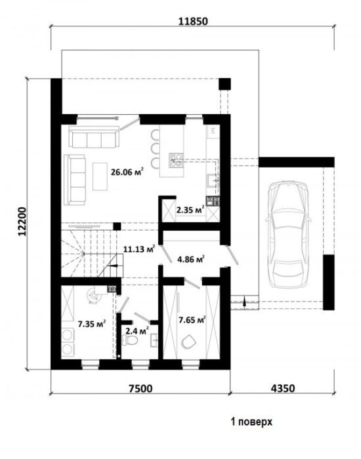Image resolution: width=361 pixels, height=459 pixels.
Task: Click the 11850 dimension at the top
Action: pyautogui.click(x=194, y=22)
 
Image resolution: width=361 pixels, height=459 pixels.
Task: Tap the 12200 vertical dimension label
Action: pyautogui.click(x=22, y=222)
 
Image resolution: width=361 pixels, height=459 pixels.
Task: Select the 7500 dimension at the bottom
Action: pyautogui.click(x=140, y=388)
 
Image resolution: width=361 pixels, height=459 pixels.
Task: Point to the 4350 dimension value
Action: pyautogui.click(x=283, y=388)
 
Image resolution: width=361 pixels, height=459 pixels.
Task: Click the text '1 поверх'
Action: pyautogui.click(x=251, y=422)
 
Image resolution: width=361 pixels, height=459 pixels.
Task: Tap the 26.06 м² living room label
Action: pyautogui.click(x=127, y=172)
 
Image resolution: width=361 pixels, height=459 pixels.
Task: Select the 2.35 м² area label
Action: pyautogui.click(x=190, y=210)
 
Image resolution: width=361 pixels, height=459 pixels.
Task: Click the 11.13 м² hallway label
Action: pyautogui.click(x=139, y=249)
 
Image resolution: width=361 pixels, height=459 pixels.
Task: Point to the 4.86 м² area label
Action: pyautogui.click(x=191, y=259)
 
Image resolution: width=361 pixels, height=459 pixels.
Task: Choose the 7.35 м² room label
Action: pyautogui.click(x=92, y=324)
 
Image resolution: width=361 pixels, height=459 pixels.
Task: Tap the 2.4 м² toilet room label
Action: pyautogui.click(x=137, y=331)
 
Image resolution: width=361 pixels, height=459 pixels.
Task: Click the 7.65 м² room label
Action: pyautogui.click(x=192, y=320)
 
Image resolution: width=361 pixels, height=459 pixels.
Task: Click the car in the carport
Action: pyautogui.click(x=288, y=235)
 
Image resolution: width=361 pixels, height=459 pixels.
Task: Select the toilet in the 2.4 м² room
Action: pyautogui.click(x=130, y=340)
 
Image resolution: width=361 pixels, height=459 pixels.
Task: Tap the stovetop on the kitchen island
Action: pyautogui.click(x=176, y=160)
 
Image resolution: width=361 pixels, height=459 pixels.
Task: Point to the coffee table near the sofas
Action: pyautogui.click(x=100, y=176)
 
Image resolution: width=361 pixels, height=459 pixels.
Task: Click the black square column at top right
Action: pyautogui.click(x=224, y=84)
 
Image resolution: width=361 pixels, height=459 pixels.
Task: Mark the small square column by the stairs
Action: pyautogui.click(x=117, y=226)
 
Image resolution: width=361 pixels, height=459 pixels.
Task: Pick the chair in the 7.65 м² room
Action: pyautogui.click(x=188, y=342)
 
